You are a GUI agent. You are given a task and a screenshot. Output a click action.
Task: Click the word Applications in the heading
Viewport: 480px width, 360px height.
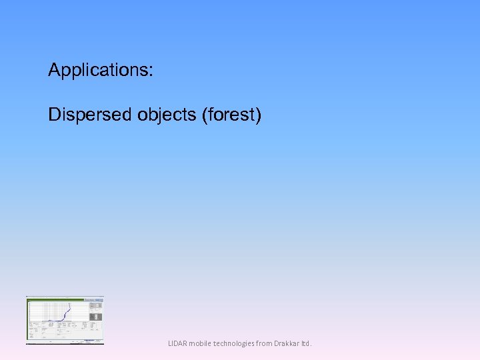[x=99, y=70]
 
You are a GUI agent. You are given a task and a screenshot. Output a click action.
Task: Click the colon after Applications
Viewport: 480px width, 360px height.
[x=151, y=71]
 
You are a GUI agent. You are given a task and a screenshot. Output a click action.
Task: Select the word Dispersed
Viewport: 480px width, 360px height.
[x=91, y=115]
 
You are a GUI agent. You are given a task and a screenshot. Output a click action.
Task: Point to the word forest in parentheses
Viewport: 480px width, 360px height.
[x=230, y=115]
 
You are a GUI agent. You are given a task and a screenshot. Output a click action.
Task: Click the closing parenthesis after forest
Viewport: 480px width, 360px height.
[x=259, y=115]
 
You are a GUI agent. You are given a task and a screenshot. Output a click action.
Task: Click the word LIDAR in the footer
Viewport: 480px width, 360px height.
[x=177, y=344]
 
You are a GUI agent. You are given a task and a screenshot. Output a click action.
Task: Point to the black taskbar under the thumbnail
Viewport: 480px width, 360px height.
[x=65, y=343]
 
